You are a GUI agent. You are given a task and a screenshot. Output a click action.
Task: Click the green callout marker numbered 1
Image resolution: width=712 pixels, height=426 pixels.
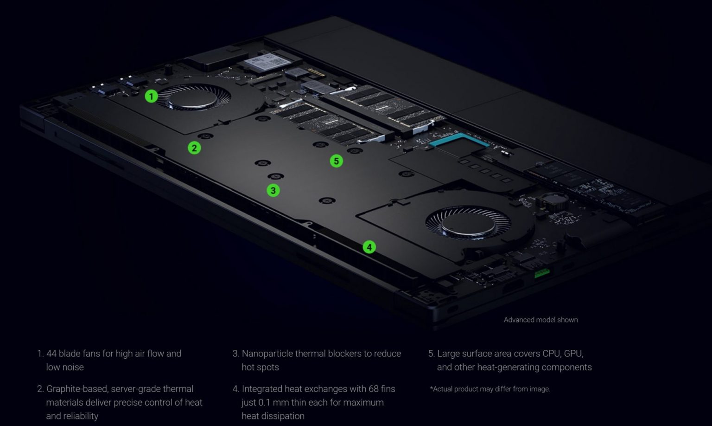click(x=151, y=96)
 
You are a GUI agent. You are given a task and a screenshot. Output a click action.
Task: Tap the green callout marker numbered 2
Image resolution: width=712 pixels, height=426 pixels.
click(x=194, y=148)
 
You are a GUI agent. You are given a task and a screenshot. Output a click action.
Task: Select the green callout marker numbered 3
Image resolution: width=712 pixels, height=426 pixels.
click(x=273, y=190)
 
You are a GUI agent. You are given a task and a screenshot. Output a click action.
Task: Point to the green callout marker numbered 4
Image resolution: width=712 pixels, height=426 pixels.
click(x=369, y=247)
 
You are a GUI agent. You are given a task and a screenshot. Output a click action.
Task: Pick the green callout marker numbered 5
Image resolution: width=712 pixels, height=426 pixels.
click(x=336, y=161)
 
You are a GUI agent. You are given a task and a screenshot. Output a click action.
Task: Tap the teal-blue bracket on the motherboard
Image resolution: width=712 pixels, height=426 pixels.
click(x=458, y=140)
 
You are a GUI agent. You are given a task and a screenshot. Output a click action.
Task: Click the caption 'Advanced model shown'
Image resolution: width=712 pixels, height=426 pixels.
click(x=540, y=320)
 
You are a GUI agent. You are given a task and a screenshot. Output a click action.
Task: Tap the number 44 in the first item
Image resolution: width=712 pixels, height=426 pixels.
click(x=51, y=354)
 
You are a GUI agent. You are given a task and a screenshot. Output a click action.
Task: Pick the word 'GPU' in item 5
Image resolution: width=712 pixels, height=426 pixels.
click(x=573, y=354)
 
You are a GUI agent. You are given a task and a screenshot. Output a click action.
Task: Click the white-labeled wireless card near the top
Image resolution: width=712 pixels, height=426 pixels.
click(x=264, y=63)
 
